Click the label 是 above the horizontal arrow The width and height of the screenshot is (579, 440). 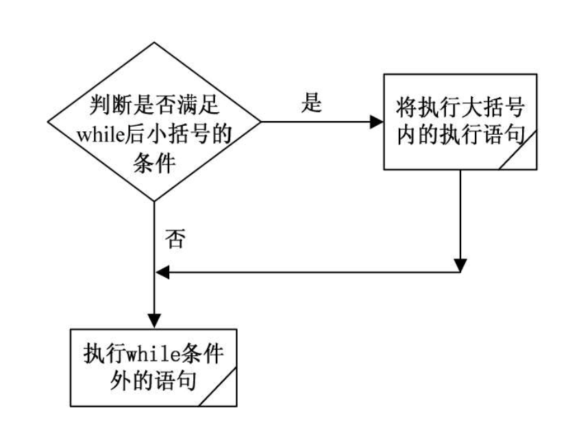312,102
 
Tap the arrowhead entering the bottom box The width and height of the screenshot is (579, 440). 156,320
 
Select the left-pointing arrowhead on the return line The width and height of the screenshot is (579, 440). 162,272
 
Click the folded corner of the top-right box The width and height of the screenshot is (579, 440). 524,157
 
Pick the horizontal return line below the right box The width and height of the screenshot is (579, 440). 308,272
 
